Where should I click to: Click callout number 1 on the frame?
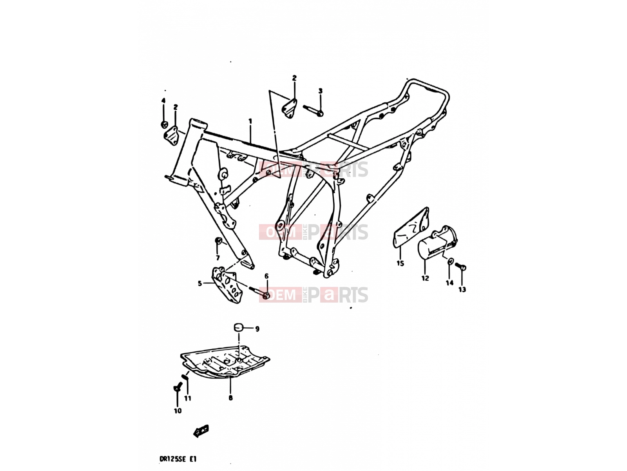[250, 121]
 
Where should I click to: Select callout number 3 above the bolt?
[321, 91]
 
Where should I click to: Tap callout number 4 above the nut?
[163, 100]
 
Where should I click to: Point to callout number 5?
[200, 284]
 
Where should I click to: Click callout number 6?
[266, 276]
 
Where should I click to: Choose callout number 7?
[217, 258]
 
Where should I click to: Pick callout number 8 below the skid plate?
[230, 398]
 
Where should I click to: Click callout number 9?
[257, 329]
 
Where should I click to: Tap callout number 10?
[178, 411]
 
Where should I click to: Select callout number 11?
[188, 398]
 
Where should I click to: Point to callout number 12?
[425, 278]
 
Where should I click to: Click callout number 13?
[462, 290]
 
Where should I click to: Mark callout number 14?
[449, 283]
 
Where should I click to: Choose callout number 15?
[400, 263]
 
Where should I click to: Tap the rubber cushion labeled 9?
[239, 327]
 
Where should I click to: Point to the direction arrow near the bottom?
[201, 431]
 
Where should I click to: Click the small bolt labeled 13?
[460, 266]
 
